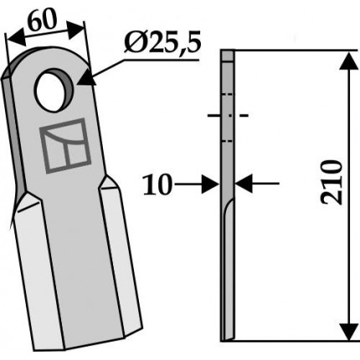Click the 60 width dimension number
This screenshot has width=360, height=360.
coord(42,21)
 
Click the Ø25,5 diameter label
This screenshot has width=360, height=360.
coord(162,44)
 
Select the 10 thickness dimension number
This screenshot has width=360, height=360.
coord(157,184)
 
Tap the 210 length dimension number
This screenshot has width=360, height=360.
coord(332,183)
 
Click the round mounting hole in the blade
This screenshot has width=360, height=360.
coord(53,90)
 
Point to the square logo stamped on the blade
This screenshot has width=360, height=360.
coord(65,146)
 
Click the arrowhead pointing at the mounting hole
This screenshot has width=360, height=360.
coord(86,78)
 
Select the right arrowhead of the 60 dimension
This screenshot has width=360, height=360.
coord(75,29)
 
